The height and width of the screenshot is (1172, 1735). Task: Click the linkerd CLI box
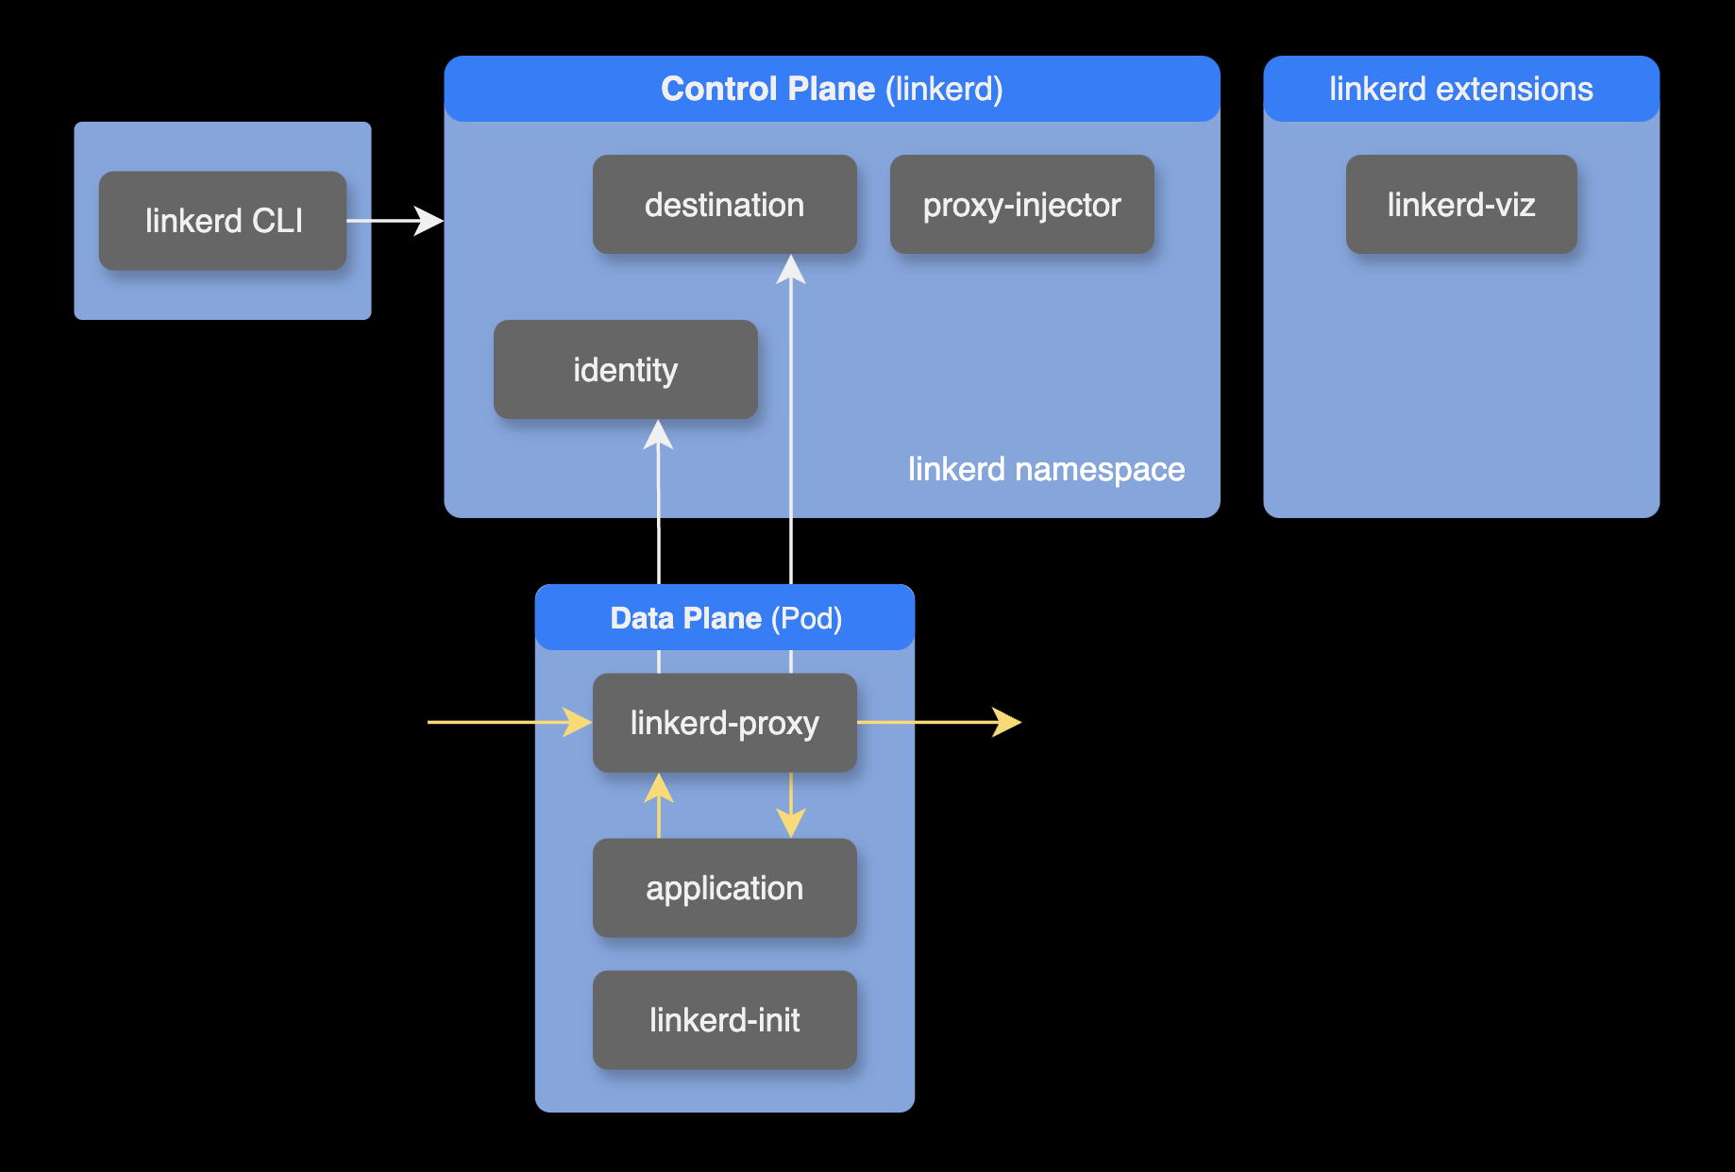(223, 221)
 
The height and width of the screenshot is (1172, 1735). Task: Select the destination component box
(724, 205)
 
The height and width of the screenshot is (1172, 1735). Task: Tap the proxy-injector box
(1021, 205)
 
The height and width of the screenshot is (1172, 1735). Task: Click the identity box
(625, 370)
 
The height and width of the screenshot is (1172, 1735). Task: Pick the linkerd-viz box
(1460, 205)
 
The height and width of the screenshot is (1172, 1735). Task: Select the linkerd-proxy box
(724, 723)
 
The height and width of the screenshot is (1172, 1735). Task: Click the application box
(724, 888)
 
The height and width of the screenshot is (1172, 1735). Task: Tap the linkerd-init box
(724, 1020)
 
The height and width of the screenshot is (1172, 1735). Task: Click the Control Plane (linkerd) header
(832, 89)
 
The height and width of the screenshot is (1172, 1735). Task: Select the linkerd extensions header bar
(1460, 89)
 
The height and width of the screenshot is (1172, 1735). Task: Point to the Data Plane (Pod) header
(725, 618)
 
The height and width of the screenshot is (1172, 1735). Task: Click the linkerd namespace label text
(1046, 469)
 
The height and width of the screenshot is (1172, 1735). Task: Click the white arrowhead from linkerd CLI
(430, 221)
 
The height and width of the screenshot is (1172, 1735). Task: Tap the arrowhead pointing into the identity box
(658, 435)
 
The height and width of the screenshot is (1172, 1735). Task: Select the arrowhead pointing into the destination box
(791, 270)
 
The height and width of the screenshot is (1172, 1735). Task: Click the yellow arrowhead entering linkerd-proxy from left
(578, 723)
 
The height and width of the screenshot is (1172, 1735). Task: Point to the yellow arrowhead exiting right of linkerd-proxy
(1007, 723)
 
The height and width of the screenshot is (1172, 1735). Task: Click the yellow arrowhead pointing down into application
(791, 823)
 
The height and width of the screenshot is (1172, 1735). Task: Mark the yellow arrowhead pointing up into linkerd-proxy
(659, 788)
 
